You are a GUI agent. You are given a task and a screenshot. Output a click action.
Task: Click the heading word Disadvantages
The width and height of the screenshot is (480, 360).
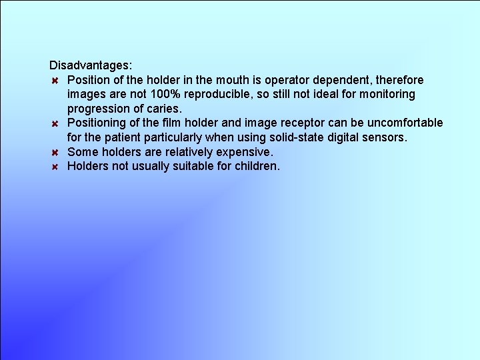coord(91,65)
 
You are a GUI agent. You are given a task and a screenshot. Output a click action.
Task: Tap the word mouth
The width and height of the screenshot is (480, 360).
coord(234,80)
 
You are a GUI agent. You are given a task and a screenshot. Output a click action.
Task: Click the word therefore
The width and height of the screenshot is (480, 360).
coord(397,80)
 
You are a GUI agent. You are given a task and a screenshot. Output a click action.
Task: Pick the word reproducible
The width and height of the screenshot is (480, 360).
coord(214,94)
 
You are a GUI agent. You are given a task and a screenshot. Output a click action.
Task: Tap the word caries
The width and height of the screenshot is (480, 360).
coord(163,109)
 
